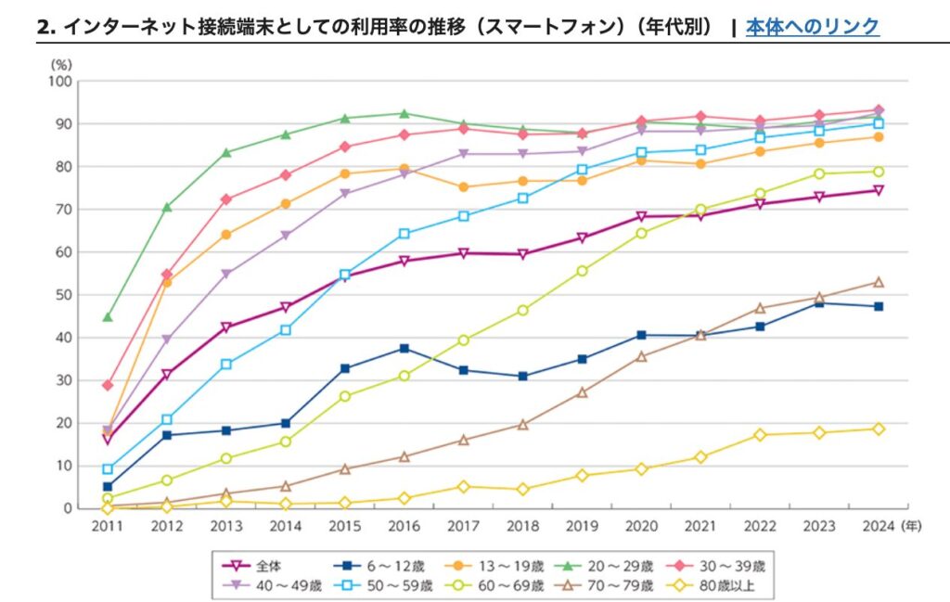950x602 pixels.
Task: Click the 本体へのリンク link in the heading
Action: pos(812,26)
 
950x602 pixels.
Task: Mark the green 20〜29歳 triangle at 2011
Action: pos(108,317)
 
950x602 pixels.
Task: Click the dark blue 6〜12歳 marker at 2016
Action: pos(404,348)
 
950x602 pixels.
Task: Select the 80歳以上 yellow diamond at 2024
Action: pos(878,429)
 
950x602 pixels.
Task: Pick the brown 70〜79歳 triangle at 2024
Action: pos(878,282)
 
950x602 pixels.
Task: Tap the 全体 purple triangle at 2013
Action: pos(226,327)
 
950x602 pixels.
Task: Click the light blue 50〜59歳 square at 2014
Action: pos(286,330)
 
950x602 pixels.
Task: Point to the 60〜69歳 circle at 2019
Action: pos(582,271)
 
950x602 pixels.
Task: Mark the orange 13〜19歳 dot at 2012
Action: pos(167,282)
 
